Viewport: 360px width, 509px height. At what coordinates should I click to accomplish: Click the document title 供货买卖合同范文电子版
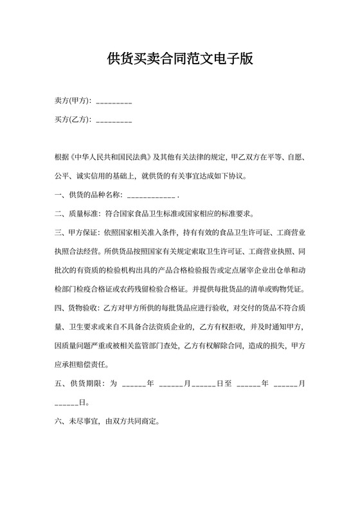click(180, 60)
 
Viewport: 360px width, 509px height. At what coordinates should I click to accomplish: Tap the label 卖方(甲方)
click(73, 101)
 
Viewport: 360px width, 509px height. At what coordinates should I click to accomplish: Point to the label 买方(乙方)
click(73, 119)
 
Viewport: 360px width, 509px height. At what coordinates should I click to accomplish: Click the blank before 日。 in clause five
click(66, 404)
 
